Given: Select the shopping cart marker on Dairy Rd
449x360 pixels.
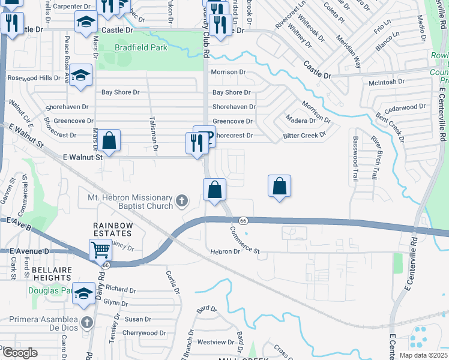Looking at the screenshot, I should click(x=100, y=250).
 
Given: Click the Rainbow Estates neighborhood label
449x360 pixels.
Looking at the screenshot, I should click(x=112, y=226).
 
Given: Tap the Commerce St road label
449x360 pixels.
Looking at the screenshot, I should click(x=245, y=239).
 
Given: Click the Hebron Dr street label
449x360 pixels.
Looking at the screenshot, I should click(x=224, y=252).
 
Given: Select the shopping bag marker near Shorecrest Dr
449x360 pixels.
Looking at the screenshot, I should click(x=109, y=141).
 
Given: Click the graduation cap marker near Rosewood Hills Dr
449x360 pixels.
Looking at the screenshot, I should click(x=80, y=76).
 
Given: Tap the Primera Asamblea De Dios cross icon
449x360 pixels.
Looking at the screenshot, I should click(x=86, y=322).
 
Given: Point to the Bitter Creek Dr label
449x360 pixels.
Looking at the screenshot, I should click(x=304, y=136).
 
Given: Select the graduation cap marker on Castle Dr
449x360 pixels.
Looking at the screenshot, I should click(x=86, y=22).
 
